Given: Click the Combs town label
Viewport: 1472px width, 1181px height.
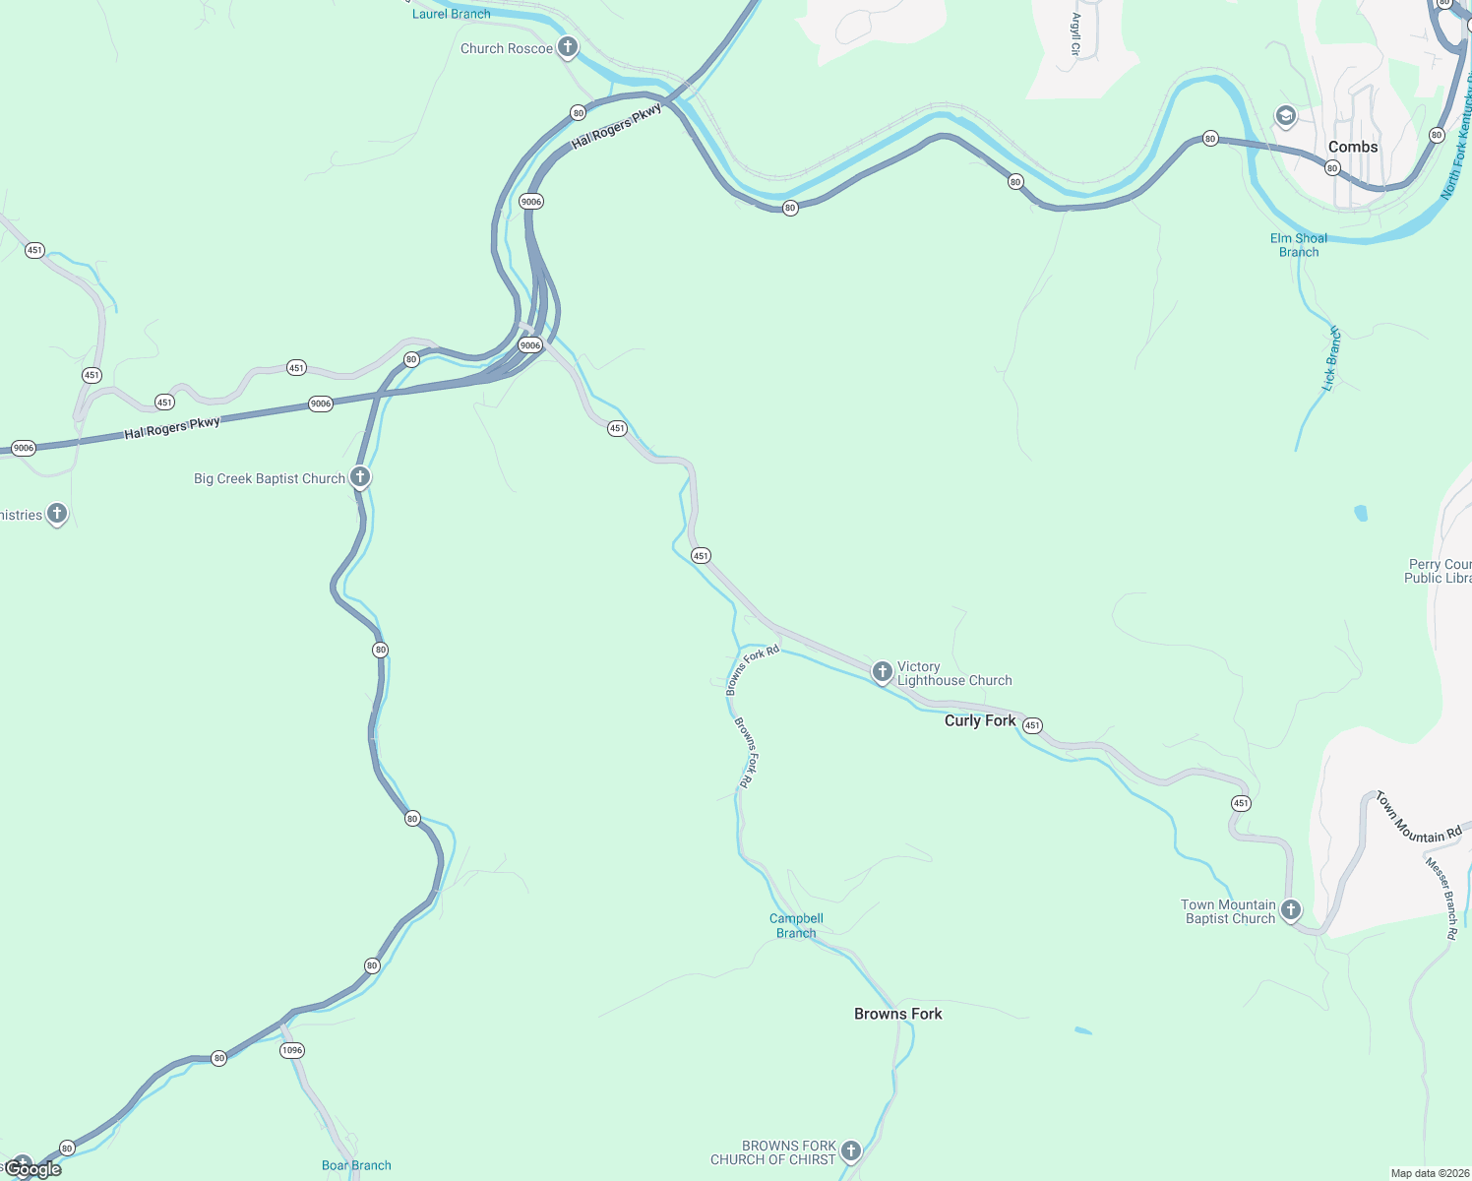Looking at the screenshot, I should [1353, 147].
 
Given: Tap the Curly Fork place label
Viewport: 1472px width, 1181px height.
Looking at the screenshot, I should [979, 720].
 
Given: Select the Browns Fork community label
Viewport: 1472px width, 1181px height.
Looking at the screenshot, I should [897, 1014].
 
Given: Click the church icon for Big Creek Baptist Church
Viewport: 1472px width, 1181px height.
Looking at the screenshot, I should [361, 477].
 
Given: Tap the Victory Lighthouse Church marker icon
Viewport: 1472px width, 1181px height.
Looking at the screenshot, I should [883, 671].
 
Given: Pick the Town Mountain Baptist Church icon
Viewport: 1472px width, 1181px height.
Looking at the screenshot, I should [1291, 909].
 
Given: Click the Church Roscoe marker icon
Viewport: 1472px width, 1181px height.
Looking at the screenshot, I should [568, 46].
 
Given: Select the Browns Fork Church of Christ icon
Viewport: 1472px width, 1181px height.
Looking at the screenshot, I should [851, 1150].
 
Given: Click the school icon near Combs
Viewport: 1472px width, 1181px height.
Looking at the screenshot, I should [1285, 116].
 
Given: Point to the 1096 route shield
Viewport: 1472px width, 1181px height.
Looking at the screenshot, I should [292, 1050].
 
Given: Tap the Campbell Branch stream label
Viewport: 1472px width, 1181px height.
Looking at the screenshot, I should [796, 925].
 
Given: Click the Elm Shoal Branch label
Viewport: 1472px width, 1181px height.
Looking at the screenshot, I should [1299, 245].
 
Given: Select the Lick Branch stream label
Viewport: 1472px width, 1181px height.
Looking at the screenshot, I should [1331, 359].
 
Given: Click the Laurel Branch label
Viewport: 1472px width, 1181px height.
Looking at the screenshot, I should [451, 14].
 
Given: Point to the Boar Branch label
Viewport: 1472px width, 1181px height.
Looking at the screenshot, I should [356, 1165].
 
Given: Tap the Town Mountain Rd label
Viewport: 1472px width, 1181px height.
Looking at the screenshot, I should [1418, 818].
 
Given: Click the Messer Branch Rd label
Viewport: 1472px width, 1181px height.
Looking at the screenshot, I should [1441, 898].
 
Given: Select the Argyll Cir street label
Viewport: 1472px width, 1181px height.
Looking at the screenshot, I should [1075, 34].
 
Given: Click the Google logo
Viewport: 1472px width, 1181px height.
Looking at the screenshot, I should [33, 1168].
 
